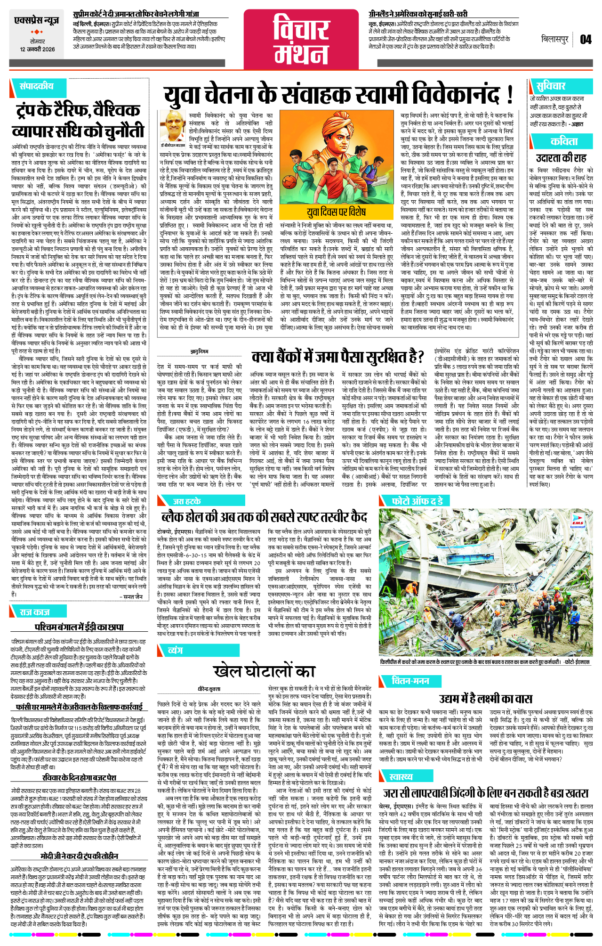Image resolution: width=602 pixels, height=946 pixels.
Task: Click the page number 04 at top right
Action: [586, 39]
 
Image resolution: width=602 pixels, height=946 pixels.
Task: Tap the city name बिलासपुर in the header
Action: [555, 40]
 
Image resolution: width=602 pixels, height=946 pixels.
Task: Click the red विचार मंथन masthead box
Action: [301, 40]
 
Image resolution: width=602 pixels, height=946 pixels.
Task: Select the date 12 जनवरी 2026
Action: [37, 49]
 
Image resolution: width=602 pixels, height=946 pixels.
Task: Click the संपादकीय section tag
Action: [36, 86]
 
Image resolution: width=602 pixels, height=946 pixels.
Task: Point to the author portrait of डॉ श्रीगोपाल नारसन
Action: [172, 126]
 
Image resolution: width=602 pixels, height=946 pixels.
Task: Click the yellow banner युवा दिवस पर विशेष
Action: [336, 212]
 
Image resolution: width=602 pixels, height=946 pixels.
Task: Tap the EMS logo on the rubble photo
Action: [577, 521]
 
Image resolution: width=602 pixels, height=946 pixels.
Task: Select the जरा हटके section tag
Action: [187, 501]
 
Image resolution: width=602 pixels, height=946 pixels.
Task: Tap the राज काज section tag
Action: [34, 612]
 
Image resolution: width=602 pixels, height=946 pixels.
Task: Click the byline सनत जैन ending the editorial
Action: [133, 596]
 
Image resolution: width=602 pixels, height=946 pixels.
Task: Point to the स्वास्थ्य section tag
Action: [401, 777]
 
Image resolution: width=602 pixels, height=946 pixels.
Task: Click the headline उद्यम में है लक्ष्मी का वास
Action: [485, 699]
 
